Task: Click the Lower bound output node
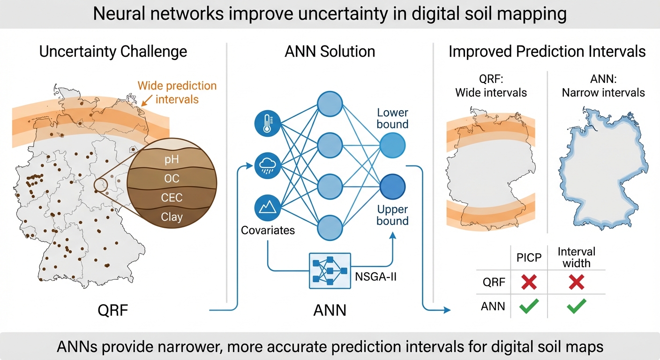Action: pyautogui.click(x=392, y=146)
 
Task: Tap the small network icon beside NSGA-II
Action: pyautogui.click(x=330, y=271)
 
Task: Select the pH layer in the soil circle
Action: pyautogui.click(x=172, y=160)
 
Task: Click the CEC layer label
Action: pyautogui.click(x=172, y=198)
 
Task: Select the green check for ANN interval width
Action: pyautogui.click(x=576, y=307)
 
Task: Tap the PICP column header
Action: pyautogui.click(x=529, y=257)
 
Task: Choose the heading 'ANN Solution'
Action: pyautogui.click(x=330, y=51)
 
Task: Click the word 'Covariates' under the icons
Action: pyautogui.click(x=268, y=230)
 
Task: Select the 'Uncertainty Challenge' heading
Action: pyautogui.click(x=113, y=51)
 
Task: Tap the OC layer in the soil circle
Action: pyautogui.click(x=172, y=179)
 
